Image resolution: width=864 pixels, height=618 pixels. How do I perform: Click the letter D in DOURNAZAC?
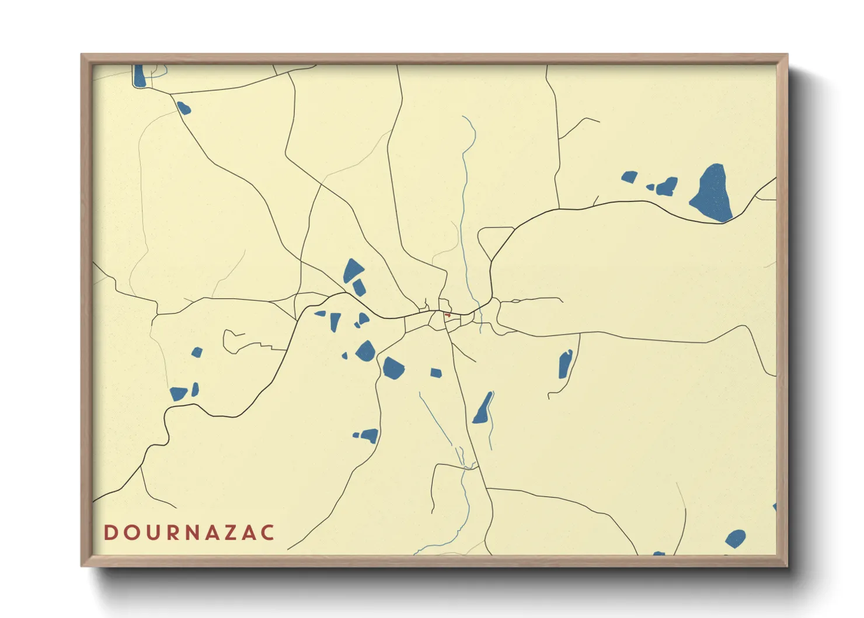[x=110, y=533]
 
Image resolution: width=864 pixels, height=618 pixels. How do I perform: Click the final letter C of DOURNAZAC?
[x=268, y=533]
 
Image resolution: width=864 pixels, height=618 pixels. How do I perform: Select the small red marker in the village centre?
[x=448, y=315]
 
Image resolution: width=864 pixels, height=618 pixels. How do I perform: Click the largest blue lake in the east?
[x=713, y=193]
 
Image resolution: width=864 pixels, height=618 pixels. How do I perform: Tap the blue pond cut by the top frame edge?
[x=139, y=76]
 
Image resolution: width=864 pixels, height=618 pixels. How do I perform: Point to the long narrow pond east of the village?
[x=565, y=364]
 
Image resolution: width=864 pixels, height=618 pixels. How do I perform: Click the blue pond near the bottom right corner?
[x=735, y=538]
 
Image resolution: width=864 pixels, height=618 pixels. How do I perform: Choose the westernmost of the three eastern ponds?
[x=629, y=176]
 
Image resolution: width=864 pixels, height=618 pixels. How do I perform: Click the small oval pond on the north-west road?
[x=183, y=108]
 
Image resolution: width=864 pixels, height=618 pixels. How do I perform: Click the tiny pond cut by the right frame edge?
[x=774, y=507]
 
